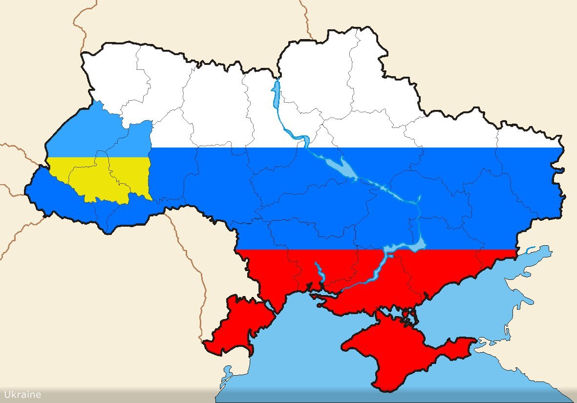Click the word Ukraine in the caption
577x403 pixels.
point(22,395)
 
